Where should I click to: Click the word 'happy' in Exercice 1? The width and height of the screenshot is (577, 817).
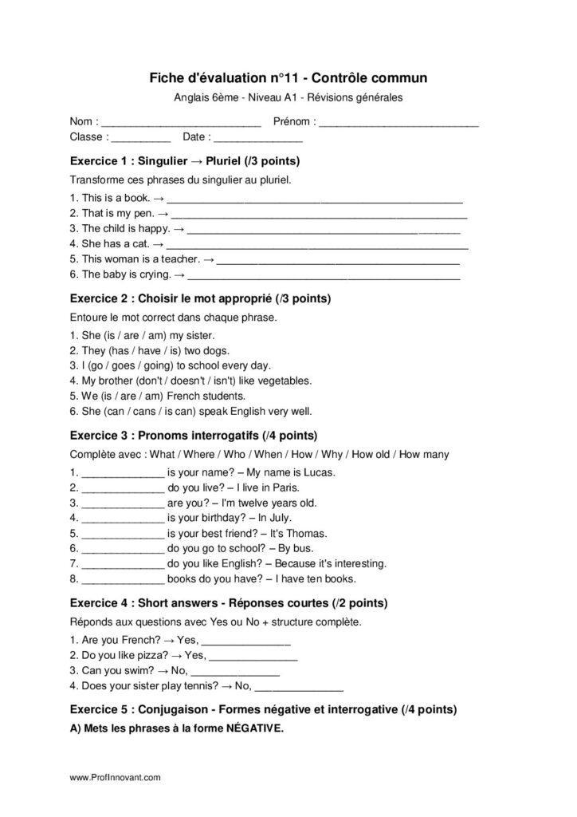[x=151, y=228]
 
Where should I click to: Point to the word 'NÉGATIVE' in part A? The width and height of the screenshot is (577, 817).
[x=251, y=728]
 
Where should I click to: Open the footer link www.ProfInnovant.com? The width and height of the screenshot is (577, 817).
[x=116, y=776]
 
